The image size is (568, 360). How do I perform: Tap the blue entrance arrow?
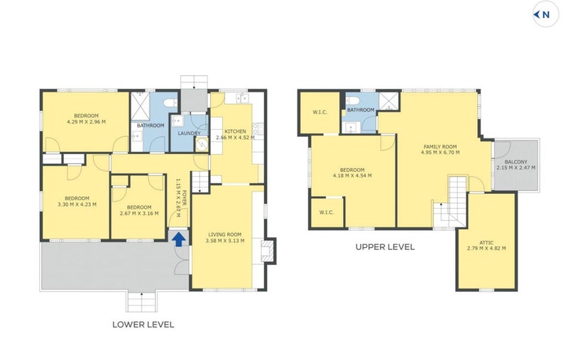(179, 239)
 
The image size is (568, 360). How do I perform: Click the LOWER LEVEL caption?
(143, 324)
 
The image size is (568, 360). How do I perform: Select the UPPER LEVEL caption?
(385, 247)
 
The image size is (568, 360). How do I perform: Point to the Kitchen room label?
(235, 131)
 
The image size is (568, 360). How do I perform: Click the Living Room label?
(224, 235)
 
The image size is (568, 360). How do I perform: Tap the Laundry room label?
(189, 133)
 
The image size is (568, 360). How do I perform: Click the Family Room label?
(440, 147)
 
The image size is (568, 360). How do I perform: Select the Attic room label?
(486, 243)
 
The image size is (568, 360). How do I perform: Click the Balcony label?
(516, 162)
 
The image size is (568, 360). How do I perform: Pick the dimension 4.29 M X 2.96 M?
(86, 122)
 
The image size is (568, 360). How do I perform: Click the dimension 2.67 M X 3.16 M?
(139, 213)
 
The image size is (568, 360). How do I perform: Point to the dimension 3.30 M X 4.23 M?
(77, 204)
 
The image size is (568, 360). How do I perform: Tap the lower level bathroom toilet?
(170, 102)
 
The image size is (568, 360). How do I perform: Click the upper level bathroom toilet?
(352, 100)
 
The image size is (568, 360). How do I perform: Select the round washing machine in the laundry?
(202, 143)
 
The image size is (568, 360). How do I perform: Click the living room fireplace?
(268, 251)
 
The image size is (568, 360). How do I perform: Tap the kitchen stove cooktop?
(258, 129)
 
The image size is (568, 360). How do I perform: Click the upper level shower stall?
(388, 101)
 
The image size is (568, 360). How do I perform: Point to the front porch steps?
(141, 302)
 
